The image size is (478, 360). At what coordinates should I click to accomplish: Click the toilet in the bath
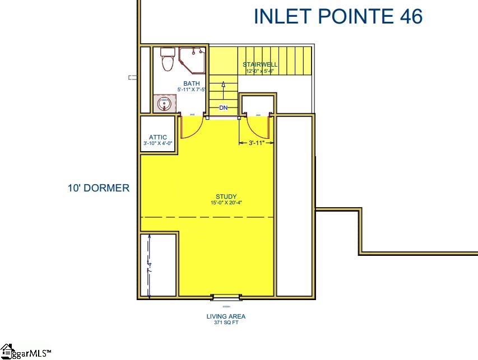[167, 60]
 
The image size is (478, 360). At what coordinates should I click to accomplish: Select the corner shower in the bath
[191, 60]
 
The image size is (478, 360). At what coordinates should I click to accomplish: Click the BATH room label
[191, 83]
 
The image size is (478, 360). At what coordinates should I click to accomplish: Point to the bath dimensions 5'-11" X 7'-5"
[191, 90]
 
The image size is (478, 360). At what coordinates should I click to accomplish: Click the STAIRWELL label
[260, 64]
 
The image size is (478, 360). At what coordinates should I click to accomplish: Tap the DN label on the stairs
[223, 107]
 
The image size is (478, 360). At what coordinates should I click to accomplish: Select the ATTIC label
[157, 137]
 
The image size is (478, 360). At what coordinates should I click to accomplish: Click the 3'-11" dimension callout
[256, 143]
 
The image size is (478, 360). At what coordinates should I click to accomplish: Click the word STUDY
[226, 197]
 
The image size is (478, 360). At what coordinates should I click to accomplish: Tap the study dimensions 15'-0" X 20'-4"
[226, 203]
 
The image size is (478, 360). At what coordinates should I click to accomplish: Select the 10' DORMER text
[99, 188]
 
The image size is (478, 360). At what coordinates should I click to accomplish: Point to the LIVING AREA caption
[226, 316]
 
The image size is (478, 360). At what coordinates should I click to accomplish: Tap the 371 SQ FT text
[226, 323]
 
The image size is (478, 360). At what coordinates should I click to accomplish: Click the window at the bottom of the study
[226, 297]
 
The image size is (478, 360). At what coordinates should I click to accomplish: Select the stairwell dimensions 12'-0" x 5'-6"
[260, 71]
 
